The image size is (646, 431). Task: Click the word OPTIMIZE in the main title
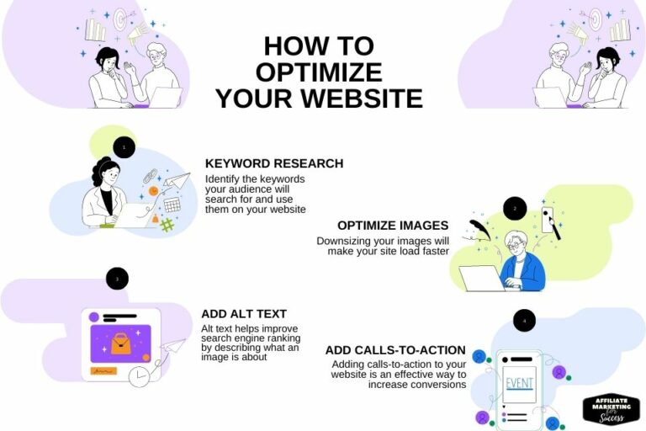(319, 72)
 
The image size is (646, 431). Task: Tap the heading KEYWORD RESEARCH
(274, 163)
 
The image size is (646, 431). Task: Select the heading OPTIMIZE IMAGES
(393, 226)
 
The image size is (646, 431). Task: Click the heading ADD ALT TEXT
(244, 314)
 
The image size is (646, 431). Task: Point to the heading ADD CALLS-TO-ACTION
(395, 350)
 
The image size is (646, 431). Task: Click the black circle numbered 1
(124, 148)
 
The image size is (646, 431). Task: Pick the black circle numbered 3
(117, 279)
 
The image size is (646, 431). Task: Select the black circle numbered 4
(524, 321)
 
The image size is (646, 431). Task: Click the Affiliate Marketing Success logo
(611, 408)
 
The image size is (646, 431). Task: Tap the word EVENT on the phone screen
(520, 385)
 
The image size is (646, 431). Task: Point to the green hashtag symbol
(167, 225)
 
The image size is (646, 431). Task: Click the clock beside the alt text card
(139, 377)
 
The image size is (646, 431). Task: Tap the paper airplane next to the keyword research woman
(177, 180)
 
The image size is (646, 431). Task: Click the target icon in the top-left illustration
(119, 18)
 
